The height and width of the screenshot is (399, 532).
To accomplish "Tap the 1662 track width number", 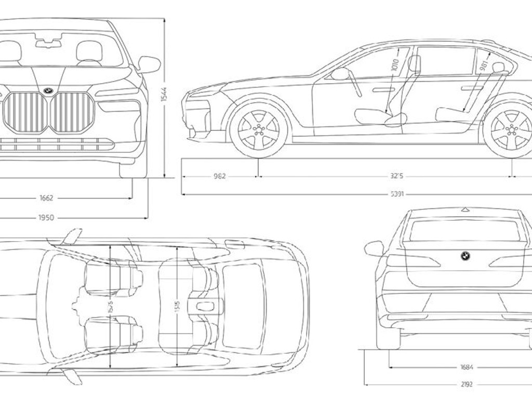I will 46,198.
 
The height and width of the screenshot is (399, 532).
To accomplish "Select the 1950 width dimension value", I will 46,218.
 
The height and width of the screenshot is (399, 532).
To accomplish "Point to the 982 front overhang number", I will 220,176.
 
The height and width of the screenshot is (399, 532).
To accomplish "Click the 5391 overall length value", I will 397,194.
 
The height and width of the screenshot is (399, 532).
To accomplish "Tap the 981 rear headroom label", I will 484,64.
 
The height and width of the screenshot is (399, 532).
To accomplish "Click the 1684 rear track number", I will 467,367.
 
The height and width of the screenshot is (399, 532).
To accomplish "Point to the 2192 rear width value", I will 467,385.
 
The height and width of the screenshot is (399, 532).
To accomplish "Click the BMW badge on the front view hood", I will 48,90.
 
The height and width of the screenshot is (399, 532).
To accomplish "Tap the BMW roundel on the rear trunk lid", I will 465,255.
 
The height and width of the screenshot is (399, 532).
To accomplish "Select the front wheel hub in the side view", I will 258,129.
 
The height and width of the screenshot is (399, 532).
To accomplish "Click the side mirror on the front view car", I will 149,64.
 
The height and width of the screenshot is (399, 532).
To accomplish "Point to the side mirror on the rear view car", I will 374,248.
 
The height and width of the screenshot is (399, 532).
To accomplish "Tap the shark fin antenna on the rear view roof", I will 465,209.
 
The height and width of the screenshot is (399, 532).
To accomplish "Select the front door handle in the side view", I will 383,90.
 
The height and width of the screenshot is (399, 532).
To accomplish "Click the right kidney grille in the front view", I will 72,112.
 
